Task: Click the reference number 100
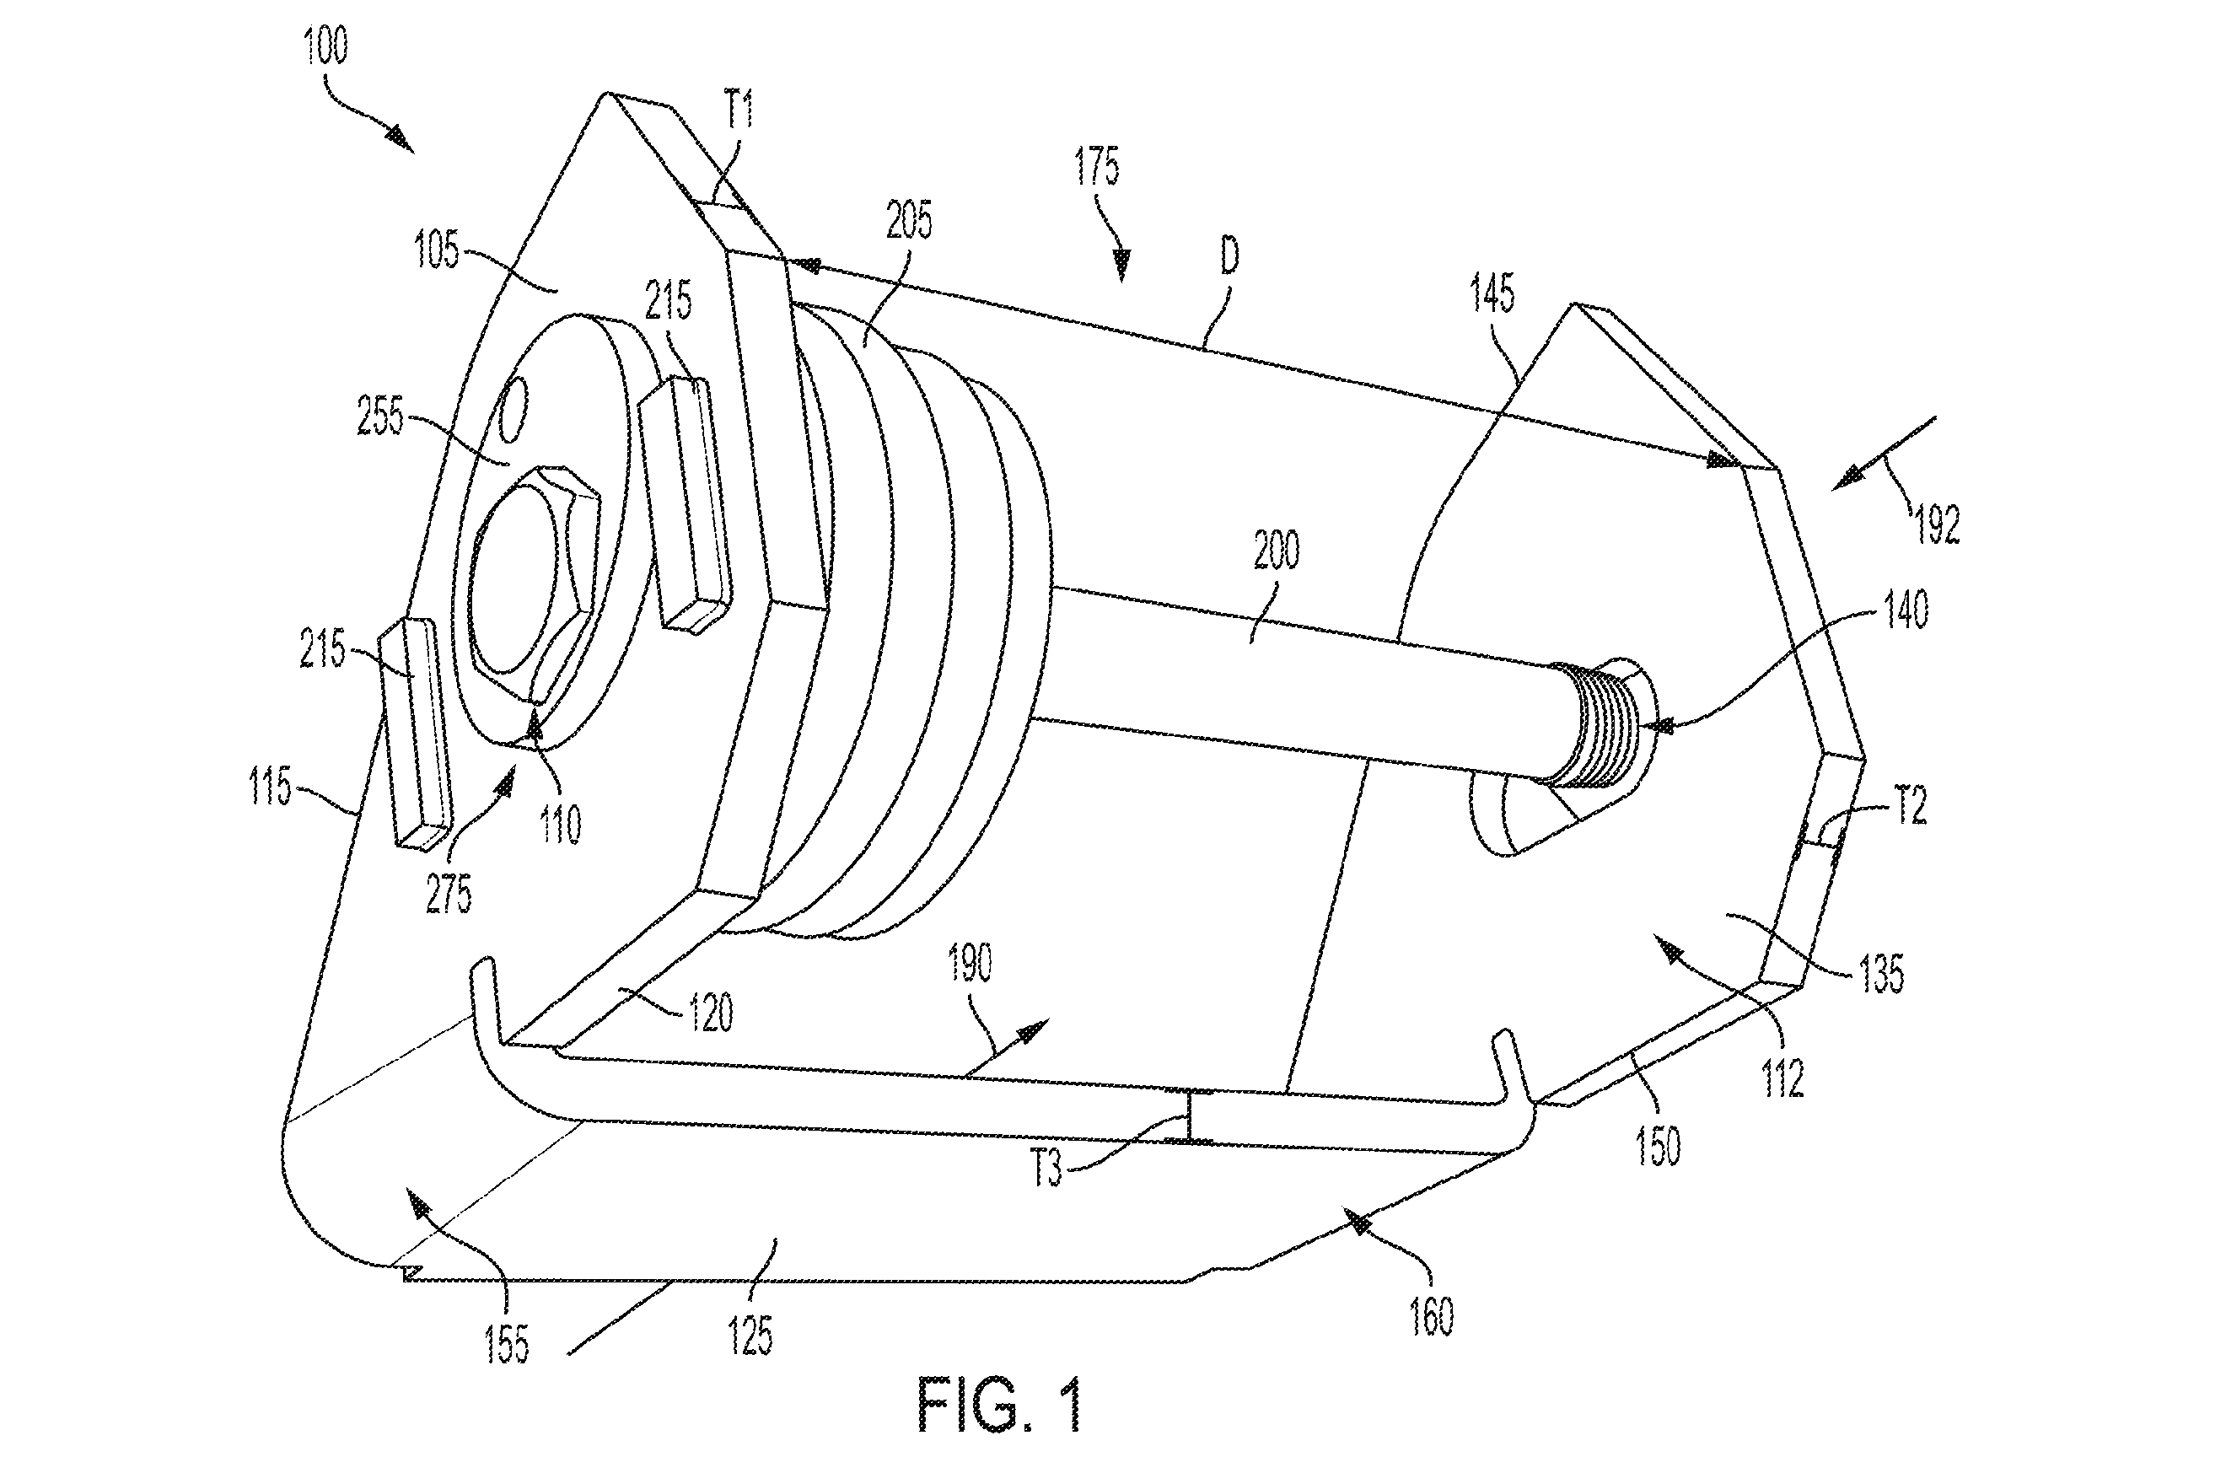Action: click(x=325, y=45)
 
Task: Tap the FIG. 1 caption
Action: click(x=1001, y=1405)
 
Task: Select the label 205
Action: click(x=908, y=220)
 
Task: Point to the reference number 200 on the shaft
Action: click(x=1277, y=550)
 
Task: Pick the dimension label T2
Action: click(x=1910, y=806)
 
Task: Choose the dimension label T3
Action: click(x=1046, y=1169)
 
